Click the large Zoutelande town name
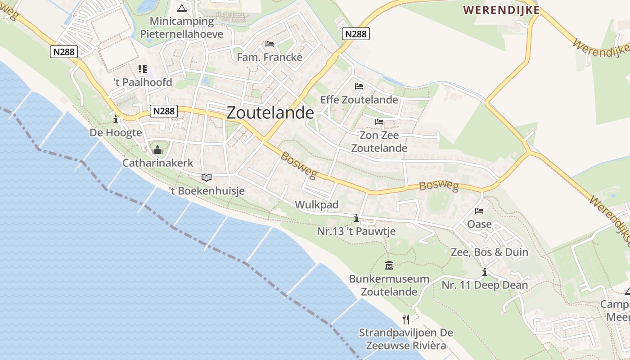point(270,112)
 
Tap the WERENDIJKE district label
point(501,9)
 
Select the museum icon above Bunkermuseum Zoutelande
point(390,265)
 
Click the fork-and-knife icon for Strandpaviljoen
point(406,319)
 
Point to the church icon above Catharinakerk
point(157,150)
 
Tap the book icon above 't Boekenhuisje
point(207,178)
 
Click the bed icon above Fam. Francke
point(270,44)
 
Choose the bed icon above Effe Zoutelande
point(359,86)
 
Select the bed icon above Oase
point(479,211)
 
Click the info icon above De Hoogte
point(116,119)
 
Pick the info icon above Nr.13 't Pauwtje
point(356,218)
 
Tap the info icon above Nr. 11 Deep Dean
point(485,272)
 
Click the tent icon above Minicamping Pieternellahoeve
point(182,8)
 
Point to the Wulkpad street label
point(316,205)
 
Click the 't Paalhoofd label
point(143,82)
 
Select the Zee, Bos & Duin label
point(490,252)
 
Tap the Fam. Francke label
point(270,57)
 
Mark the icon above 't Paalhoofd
point(143,69)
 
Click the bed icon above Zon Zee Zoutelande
point(379,121)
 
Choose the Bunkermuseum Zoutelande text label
point(389,285)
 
